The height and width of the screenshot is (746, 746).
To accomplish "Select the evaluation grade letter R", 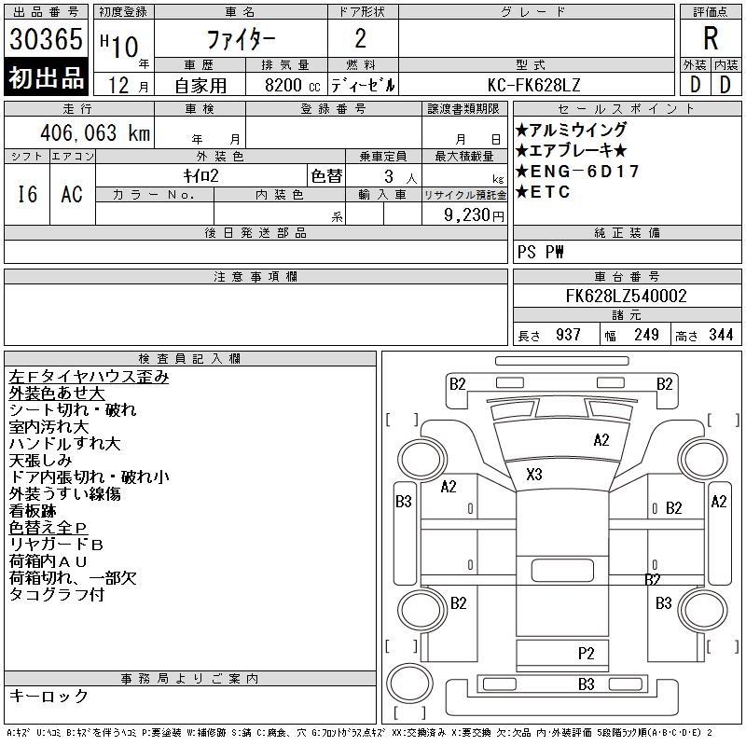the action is (x=711, y=39).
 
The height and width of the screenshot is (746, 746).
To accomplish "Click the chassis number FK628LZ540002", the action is (x=626, y=297).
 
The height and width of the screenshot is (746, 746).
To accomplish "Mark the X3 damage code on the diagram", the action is (x=534, y=474).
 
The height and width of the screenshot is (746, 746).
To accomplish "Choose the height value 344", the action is (x=720, y=335).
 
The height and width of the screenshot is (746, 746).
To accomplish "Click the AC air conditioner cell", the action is (x=72, y=194).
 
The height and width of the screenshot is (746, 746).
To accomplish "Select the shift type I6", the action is (x=27, y=194).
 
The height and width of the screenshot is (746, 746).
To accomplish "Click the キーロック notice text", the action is (x=48, y=697).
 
